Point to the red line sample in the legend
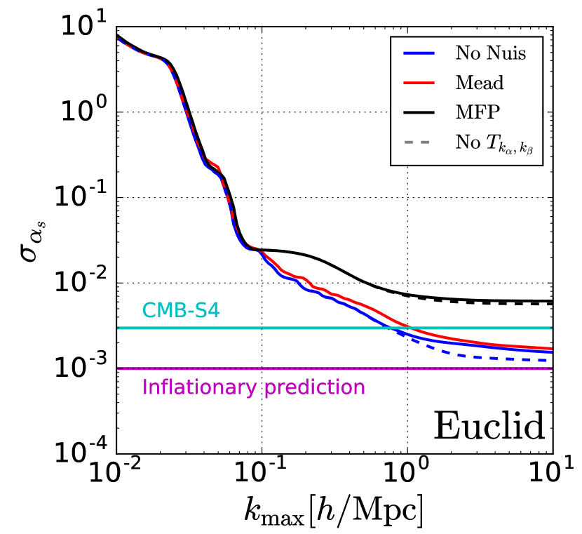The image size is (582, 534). point(417,83)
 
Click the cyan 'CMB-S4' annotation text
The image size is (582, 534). point(181,309)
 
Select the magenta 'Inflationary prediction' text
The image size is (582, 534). point(253,387)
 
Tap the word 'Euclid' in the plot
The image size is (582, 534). point(489,426)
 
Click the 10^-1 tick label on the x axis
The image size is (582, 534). point(261,475)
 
